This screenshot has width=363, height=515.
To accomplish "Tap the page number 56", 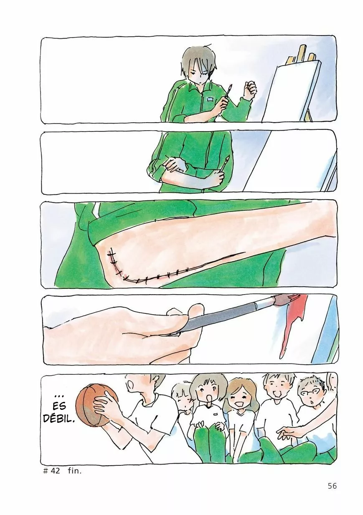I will pyautogui.click(x=332, y=486).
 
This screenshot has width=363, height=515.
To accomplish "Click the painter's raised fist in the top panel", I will pyautogui.click(x=250, y=90).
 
